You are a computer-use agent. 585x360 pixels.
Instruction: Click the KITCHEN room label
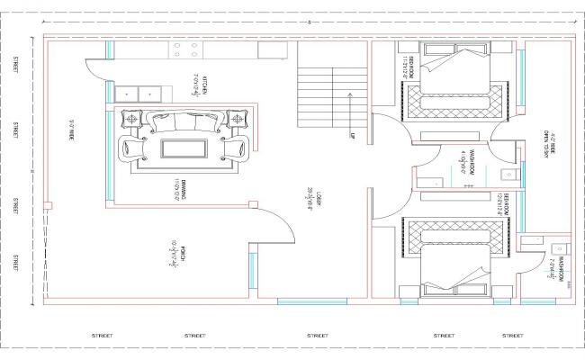pyautogui.click(x=205, y=85)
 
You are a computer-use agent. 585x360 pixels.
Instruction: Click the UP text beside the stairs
pyautogui.click(x=353, y=137)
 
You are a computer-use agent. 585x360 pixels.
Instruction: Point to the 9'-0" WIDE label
pyautogui.click(x=69, y=134)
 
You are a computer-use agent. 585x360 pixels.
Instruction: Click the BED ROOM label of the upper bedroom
pyautogui.click(x=409, y=67)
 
